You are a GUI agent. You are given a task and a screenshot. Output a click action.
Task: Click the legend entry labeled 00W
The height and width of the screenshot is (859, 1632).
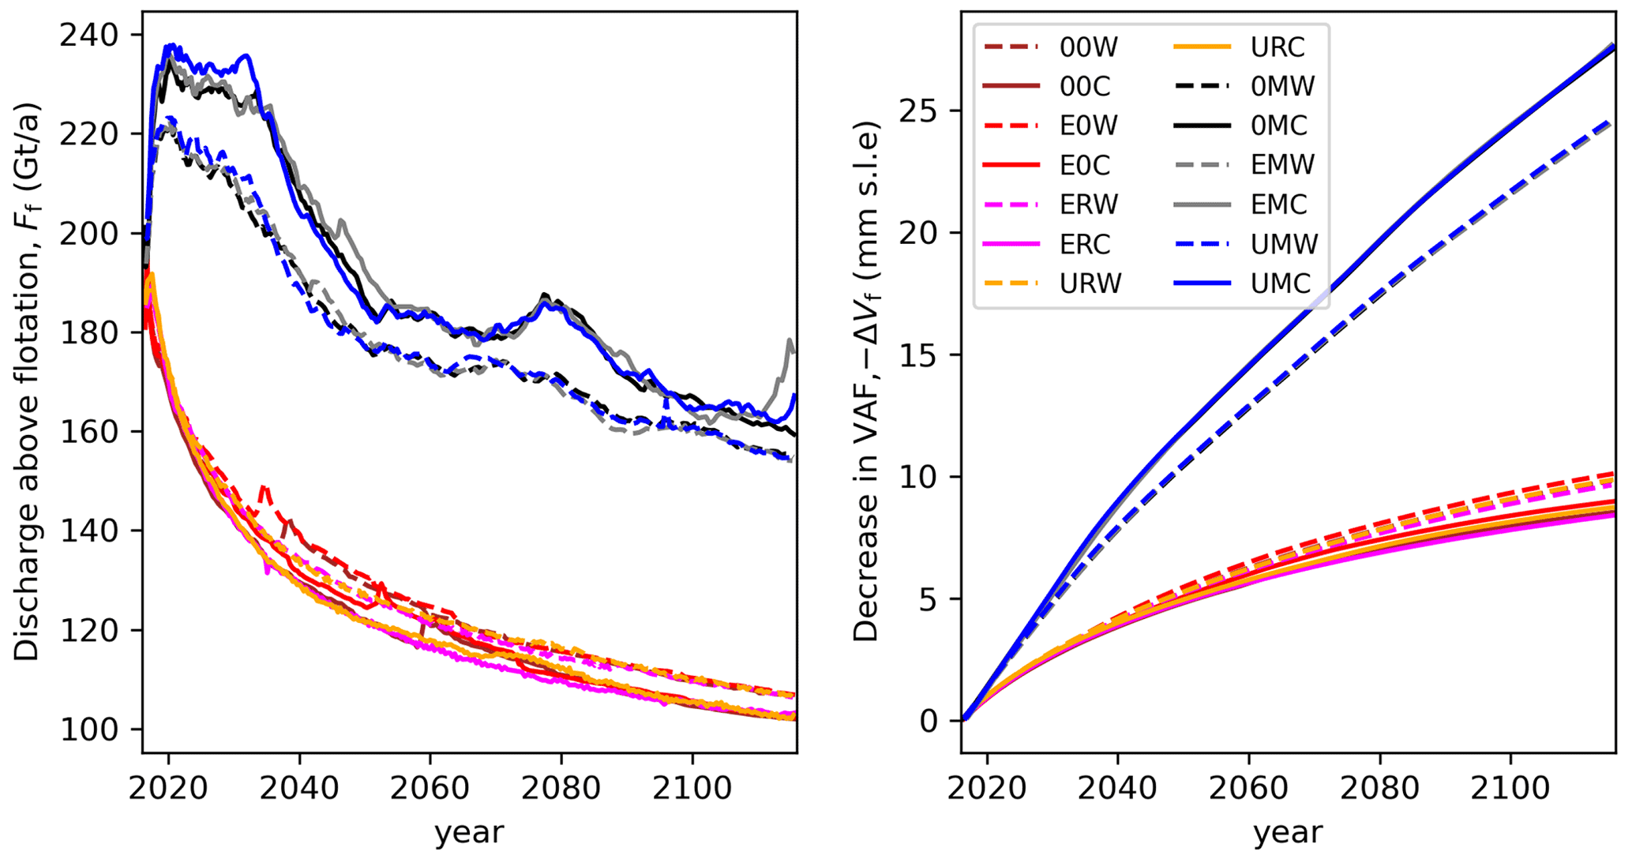(x=1089, y=47)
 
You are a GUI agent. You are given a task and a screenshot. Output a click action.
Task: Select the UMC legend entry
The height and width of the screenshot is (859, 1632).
(x=1280, y=283)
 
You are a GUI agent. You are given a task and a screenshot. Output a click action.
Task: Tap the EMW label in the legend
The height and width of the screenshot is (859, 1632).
(x=1282, y=165)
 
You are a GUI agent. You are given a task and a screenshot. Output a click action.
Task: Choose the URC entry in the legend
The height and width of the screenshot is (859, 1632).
(x=1277, y=47)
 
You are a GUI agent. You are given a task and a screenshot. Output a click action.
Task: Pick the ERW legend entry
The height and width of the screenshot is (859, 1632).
(x=1089, y=204)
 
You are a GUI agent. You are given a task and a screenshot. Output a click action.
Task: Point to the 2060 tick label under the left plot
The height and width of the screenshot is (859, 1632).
(x=430, y=788)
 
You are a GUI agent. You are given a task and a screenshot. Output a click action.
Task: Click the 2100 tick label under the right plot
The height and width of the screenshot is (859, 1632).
(x=1510, y=788)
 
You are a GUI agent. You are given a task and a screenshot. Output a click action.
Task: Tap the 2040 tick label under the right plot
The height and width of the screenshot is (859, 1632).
(x=1118, y=788)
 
